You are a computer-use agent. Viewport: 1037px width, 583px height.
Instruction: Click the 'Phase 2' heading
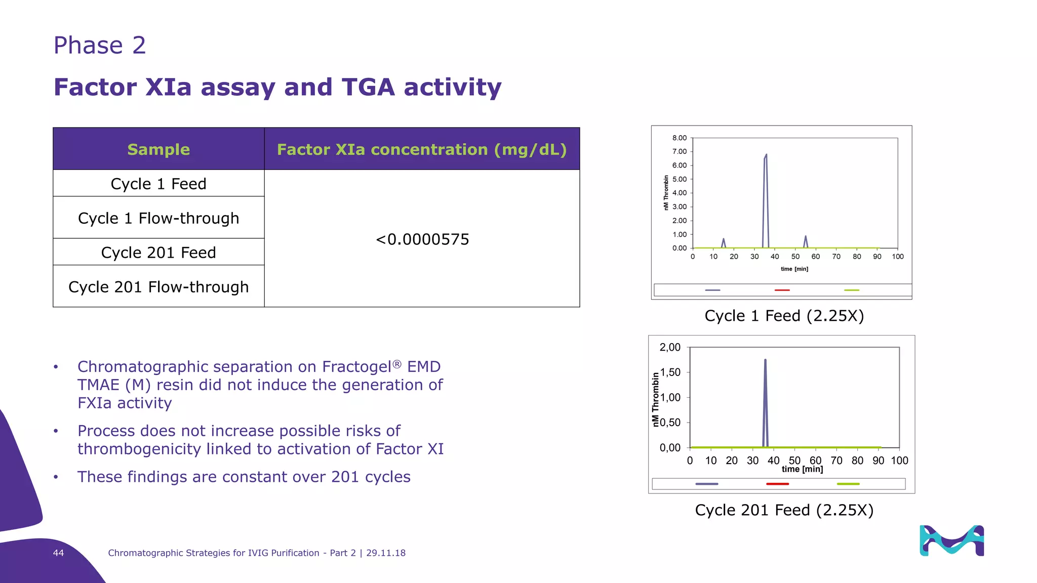click(100, 46)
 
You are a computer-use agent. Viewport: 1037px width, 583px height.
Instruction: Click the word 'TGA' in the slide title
click(368, 87)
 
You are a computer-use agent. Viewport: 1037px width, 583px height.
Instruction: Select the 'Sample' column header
click(158, 149)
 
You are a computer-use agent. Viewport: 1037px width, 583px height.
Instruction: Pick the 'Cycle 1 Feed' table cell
click(158, 184)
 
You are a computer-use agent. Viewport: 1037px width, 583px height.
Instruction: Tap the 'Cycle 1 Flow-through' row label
click(158, 218)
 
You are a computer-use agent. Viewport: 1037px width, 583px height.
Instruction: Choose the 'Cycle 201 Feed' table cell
click(158, 253)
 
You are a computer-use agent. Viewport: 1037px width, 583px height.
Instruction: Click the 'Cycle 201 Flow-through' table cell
click(158, 287)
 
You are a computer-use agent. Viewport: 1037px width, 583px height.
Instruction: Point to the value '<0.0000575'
click(422, 239)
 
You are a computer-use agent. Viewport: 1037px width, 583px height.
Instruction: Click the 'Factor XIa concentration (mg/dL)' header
click(422, 149)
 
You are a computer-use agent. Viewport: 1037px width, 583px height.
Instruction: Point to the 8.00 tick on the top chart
click(680, 138)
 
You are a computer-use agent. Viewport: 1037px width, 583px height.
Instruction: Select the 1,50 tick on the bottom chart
click(670, 372)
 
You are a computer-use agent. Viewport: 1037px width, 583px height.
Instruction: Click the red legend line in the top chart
click(782, 290)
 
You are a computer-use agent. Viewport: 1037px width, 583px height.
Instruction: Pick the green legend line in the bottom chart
click(848, 484)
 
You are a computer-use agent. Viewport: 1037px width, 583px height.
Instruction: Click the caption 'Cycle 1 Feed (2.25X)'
click(784, 316)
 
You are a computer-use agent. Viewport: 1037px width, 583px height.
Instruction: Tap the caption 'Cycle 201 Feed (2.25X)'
click(784, 510)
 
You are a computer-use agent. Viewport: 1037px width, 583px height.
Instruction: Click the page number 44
click(58, 553)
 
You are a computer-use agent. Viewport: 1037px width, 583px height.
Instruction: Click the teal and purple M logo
click(951, 540)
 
